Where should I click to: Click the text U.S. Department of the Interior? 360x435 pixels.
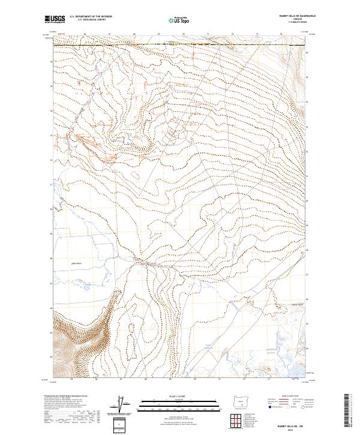91,17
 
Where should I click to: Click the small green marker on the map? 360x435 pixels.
82,109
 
